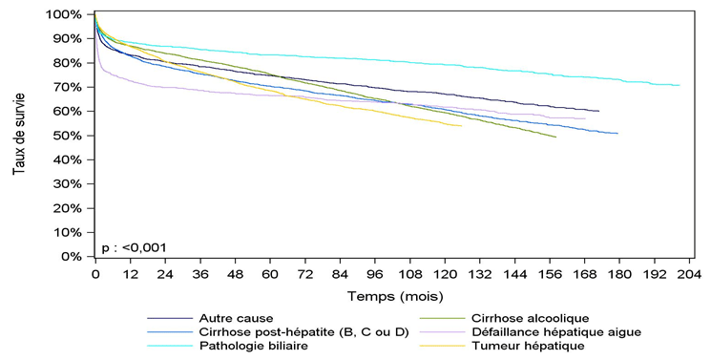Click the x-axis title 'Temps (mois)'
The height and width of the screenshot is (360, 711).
387,296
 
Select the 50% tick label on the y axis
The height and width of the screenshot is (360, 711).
73,136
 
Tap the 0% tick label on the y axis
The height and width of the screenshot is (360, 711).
77,257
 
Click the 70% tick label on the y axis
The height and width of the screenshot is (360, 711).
73,87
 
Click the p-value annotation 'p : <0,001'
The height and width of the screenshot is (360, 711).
135,247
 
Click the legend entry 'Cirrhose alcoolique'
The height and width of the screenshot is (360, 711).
530,318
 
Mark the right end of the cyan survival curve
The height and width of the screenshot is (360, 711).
679,85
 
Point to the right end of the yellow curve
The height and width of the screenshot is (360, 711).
462,125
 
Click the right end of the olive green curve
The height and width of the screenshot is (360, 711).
555,137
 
